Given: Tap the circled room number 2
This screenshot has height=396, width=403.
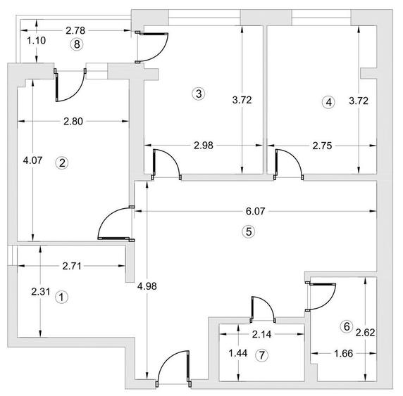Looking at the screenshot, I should pos(62,162).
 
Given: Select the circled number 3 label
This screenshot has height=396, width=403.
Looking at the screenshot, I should pos(199,93).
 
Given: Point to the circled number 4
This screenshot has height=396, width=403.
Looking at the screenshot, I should pos(328,102).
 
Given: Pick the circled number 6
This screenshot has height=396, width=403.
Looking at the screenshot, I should pos(346,326).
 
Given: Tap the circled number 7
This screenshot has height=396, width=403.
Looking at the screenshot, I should pos(262,355).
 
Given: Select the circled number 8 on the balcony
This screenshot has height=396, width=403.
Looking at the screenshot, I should pos(77,44).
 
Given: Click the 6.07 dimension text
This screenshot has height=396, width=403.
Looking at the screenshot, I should pos(256,210).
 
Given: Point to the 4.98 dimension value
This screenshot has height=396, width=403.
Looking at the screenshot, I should pos(147,286).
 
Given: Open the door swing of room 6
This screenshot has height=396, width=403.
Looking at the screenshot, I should pos(322,295).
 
